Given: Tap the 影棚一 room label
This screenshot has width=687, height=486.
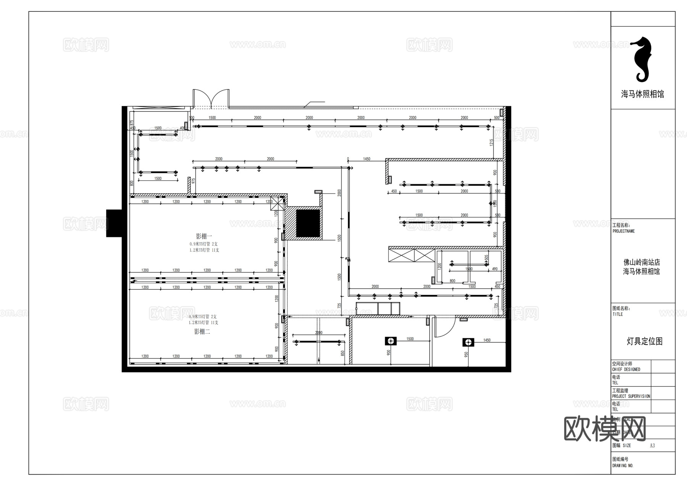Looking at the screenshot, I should [204, 236].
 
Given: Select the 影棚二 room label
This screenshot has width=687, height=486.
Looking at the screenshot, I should [202, 332].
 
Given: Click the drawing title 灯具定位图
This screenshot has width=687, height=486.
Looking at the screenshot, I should [645, 341].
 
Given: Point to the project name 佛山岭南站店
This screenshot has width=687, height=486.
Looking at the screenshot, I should [642, 262].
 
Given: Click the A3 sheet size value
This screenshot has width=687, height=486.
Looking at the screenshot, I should [652, 446].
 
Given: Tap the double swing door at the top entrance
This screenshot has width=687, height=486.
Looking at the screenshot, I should [211, 99].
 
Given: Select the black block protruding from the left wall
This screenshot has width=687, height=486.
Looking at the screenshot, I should [114, 223].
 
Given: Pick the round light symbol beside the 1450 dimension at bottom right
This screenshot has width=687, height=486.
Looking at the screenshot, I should [468, 342].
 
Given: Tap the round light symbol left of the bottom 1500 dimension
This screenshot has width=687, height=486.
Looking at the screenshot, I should [391, 341].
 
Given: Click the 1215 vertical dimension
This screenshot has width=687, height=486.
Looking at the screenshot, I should [492, 142].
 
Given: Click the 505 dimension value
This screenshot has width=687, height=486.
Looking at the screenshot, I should [486, 258].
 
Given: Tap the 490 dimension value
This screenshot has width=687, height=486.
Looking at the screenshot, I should [495, 269].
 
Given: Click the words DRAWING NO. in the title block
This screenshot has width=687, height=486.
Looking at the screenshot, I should [623, 466].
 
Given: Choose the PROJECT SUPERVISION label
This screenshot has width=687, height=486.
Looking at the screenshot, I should [631, 396].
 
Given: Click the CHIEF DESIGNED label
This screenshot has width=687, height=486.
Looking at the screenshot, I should [626, 370].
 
